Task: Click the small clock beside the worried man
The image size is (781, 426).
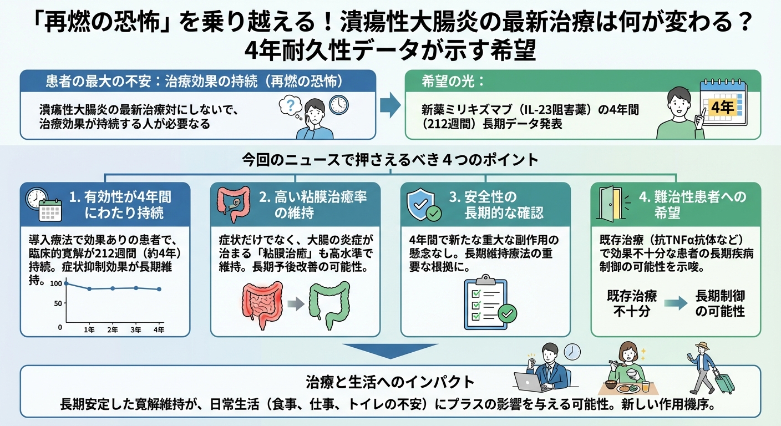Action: click(x=338, y=105)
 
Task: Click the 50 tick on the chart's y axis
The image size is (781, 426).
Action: click(x=58, y=303)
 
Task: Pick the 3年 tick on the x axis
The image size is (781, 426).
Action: click(x=136, y=330)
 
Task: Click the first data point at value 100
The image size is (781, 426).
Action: click(x=66, y=283)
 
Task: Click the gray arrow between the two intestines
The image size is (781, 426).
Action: click(x=295, y=303)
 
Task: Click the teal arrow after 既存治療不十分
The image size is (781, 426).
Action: click(x=674, y=303)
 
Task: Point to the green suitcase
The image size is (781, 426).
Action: click(x=724, y=382)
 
